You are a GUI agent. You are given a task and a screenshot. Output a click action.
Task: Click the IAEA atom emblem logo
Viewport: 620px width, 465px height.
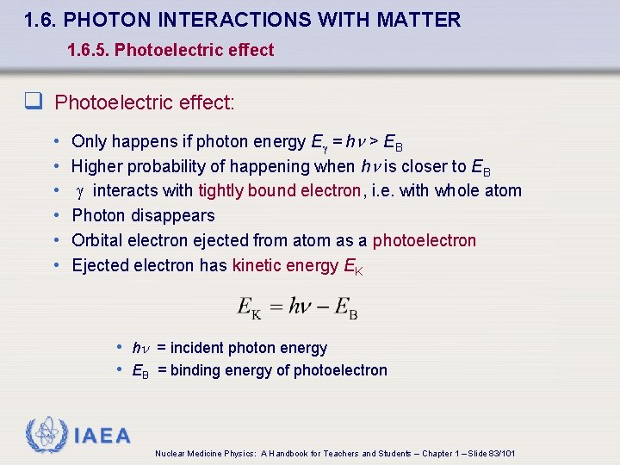coord(47,436)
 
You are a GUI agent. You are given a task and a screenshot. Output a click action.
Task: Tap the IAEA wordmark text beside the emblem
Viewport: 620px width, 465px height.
coord(102,437)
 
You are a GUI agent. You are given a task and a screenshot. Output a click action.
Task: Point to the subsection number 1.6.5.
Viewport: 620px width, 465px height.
coord(88,50)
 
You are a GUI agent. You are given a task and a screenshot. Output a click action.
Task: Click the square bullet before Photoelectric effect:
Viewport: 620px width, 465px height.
coord(33,103)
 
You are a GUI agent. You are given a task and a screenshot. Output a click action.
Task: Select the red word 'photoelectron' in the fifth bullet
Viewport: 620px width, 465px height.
coord(424,240)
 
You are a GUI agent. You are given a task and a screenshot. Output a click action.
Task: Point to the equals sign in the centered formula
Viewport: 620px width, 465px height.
coord(276,306)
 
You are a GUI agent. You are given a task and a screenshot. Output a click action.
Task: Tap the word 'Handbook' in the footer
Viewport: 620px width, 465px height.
coord(290,453)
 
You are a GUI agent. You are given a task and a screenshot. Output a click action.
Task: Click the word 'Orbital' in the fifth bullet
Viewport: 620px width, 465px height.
coord(97,240)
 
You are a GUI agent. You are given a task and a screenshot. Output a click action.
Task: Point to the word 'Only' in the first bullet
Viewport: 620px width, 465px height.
coord(88,141)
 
